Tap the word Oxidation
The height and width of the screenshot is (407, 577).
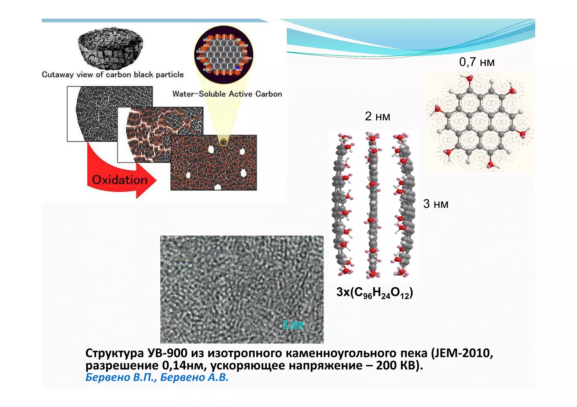(x=120, y=180)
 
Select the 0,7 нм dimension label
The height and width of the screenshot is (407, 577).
(x=477, y=62)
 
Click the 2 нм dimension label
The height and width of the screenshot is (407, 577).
(x=377, y=116)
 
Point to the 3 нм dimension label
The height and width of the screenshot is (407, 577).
(x=436, y=204)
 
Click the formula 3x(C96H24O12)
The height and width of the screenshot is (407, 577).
(x=374, y=293)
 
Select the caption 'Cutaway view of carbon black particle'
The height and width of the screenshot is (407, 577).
(x=113, y=75)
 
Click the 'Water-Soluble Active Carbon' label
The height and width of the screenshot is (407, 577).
(x=227, y=94)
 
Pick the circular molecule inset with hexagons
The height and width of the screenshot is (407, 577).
(x=224, y=55)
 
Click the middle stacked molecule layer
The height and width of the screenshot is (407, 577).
(x=373, y=205)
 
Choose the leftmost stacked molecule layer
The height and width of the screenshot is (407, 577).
(x=343, y=205)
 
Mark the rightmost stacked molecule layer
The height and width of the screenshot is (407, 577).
(x=403, y=205)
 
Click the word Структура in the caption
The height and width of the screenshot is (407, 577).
(x=114, y=353)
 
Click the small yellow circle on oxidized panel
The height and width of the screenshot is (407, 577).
(x=223, y=142)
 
